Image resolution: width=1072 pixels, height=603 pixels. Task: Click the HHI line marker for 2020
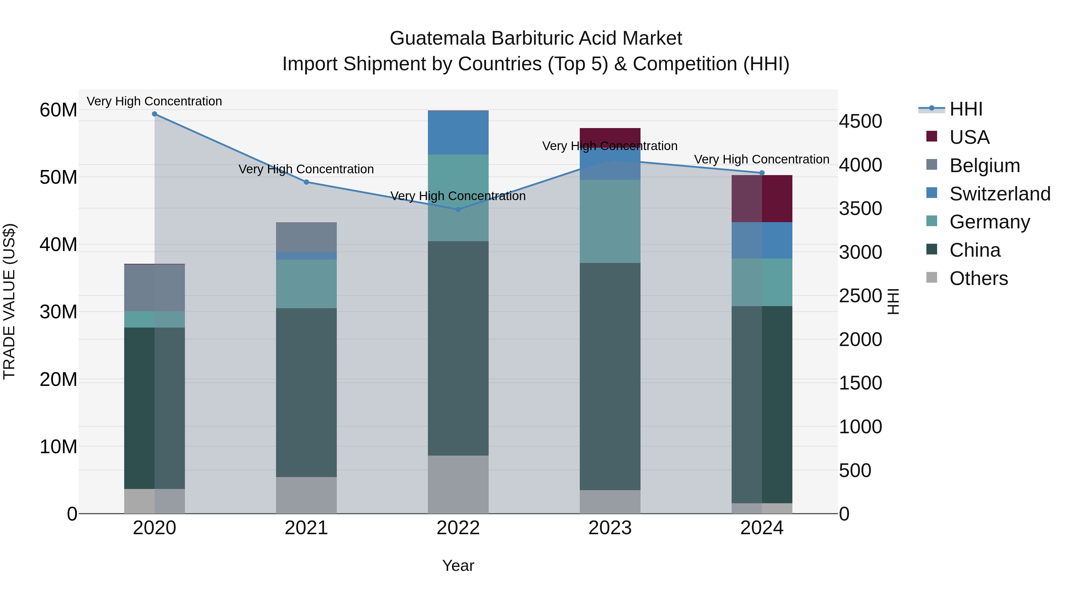(154, 114)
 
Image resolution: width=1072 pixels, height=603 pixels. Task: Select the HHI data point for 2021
(306, 182)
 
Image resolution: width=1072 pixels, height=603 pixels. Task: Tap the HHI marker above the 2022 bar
(458, 209)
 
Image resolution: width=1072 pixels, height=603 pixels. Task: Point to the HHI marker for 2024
(762, 173)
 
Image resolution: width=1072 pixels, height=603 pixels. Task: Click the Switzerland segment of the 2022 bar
(458, 133)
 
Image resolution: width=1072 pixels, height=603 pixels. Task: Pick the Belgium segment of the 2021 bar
(306, 237)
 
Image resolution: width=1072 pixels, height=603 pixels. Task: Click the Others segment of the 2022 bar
(458, 484)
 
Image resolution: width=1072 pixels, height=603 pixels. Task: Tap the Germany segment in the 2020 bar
(154, 319)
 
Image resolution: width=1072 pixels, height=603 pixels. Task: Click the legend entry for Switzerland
(1000, 194)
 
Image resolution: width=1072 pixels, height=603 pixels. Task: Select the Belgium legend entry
(985, 166)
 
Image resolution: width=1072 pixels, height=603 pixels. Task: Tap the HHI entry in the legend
(966, 109)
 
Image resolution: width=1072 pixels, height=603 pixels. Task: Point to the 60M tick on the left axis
(58, 110)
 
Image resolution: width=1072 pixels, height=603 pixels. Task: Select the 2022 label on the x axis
(458, 528)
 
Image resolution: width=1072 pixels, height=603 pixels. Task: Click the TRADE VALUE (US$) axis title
(9, 301)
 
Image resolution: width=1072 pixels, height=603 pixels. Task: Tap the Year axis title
(458, 565)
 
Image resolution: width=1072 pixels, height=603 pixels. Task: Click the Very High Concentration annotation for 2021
(306, 169)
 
